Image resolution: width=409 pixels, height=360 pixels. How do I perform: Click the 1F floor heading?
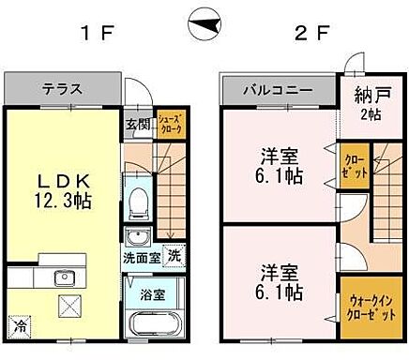97,35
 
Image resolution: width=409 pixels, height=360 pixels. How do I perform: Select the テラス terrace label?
62,90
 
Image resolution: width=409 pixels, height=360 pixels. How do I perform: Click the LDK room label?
64,177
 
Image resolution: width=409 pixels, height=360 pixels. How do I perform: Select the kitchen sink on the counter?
65,277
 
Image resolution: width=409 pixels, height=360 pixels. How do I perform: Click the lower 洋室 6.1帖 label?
279,281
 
